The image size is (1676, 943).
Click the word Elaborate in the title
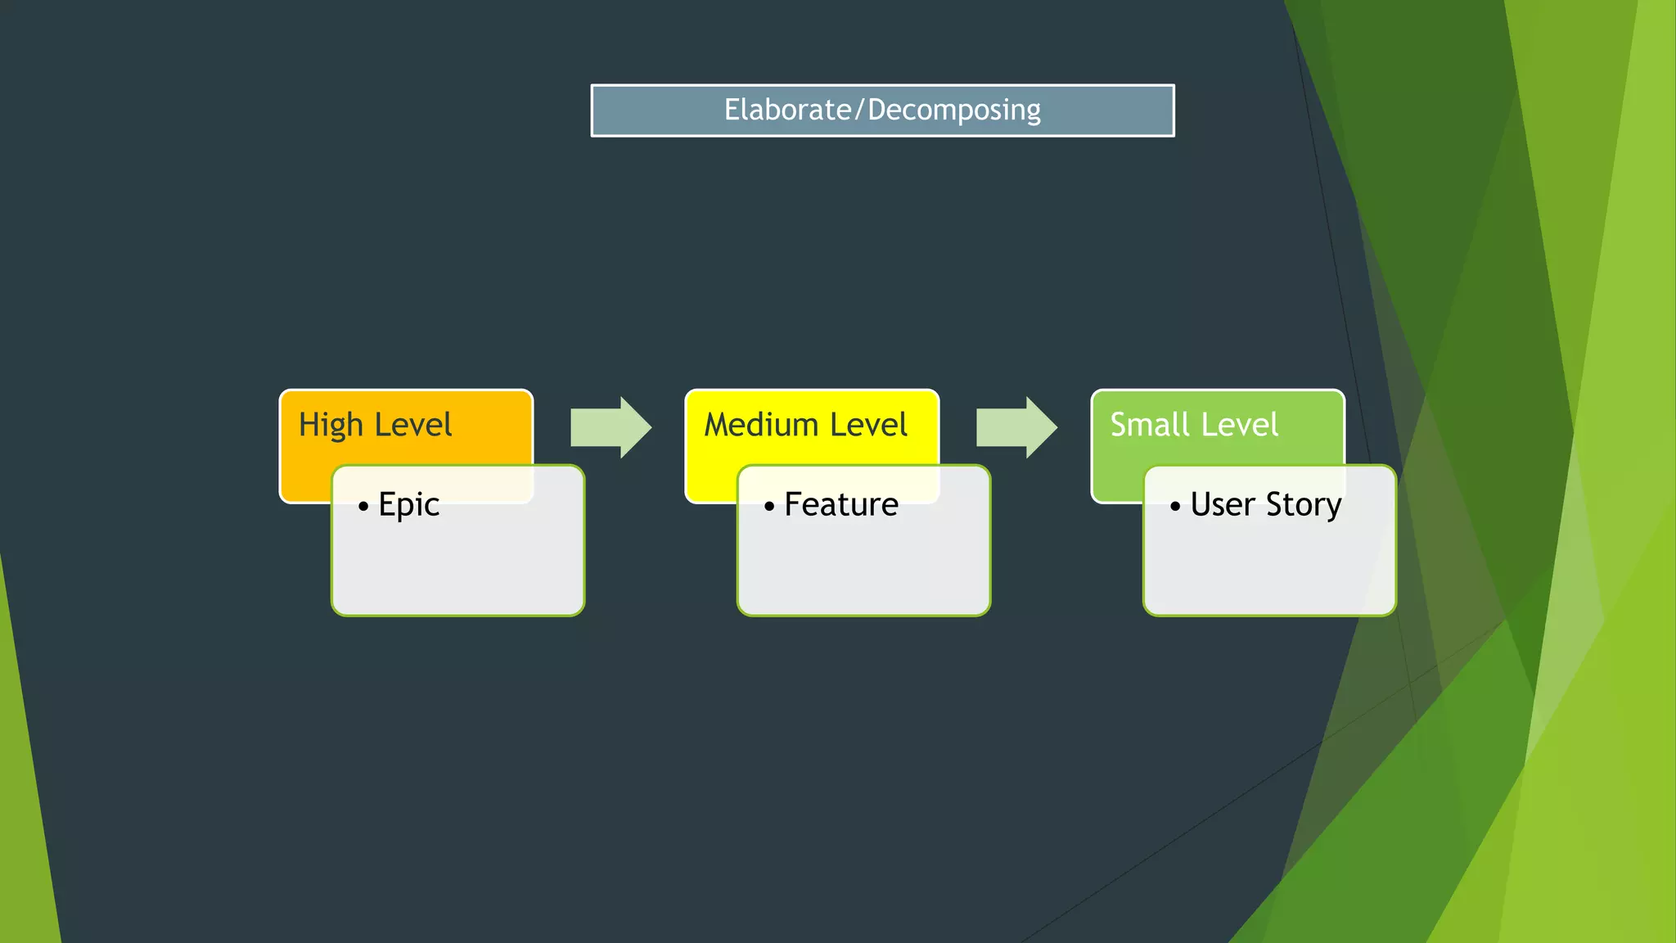click(787, 110)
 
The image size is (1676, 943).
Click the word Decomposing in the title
click(954, 111)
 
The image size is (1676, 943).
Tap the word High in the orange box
click(331, 426)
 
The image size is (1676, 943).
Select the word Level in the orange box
click(413, 425)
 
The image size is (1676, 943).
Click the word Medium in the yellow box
click(761, 425)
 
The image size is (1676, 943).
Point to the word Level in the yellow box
click(868, 425)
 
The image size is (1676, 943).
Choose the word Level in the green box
click(1240, 425)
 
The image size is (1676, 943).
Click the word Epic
click(409, 505)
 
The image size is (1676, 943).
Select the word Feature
click(841, 504)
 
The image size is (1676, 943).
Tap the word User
click(1223, 504)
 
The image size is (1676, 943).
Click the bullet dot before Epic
click(363, 507)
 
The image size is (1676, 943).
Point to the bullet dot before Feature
click(769, 507)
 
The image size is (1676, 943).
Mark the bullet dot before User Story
click(1175, 507)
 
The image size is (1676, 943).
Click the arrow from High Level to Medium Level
click(610, 427)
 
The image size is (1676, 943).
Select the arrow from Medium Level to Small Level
click(1016, 427)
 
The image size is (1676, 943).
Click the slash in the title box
click(859, 111)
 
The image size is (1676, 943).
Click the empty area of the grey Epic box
click(458, 569)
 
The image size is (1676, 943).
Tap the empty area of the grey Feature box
click(864, 569)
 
